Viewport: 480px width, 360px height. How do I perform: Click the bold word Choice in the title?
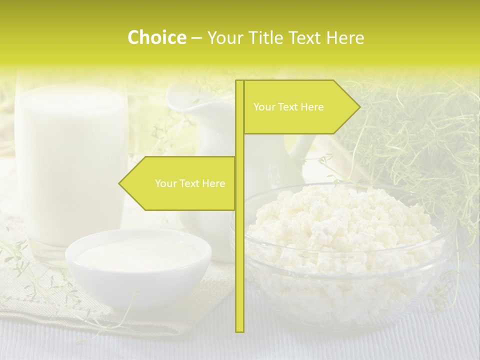pyautogui.click(x=156, y=37)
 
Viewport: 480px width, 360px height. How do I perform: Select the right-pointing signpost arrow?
pyautogui.click(x=300, y=107)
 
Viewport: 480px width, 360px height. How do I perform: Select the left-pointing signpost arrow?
pyautogui.click(x=180, y=183)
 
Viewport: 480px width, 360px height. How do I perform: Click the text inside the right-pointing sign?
pyautogui.click(x=288, y=107)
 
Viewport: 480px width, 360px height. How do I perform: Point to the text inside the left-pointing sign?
pyautogui.click(x=190, y=183)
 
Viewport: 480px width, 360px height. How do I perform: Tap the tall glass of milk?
pyautogui.click(x=70, y=160)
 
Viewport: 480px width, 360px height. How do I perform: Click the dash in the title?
pyautogui.click(x=196, y=37)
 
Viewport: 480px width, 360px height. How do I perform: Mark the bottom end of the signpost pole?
pyautogui.click(x=239, y=330)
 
